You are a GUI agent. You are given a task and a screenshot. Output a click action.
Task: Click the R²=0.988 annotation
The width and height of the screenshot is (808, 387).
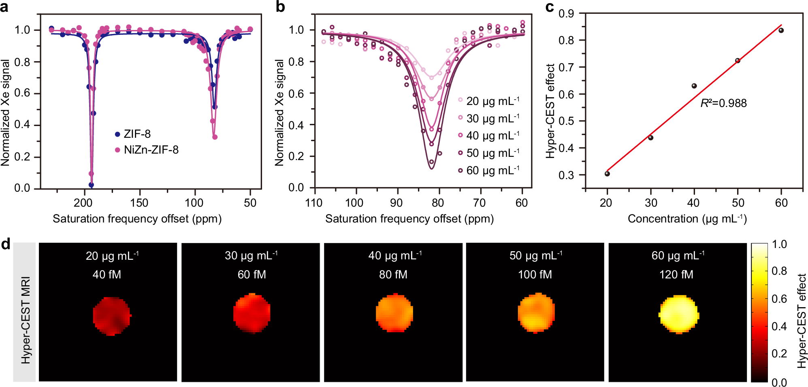(723, 103)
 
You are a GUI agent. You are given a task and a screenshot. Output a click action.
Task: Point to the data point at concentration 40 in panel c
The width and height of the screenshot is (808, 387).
(694, 86)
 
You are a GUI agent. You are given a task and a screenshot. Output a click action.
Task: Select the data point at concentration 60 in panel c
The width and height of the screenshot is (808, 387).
(781, 30)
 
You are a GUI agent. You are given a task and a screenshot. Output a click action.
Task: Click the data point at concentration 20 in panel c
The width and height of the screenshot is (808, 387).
(607, 174)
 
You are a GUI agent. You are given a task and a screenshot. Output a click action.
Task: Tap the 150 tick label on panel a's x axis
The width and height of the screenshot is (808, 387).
(139, 203)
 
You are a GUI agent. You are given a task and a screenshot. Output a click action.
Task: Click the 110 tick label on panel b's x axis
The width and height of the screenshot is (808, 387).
(314, 203)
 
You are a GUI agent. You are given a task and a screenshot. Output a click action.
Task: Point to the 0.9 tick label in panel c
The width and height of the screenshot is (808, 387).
(566, 14)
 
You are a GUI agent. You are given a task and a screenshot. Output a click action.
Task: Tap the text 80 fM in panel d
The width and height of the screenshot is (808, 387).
(393, 275)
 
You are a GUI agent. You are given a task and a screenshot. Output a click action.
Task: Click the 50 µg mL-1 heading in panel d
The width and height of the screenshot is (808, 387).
(535, 256)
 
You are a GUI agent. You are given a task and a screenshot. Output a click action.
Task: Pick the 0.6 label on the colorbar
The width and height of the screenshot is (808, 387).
(779, 299)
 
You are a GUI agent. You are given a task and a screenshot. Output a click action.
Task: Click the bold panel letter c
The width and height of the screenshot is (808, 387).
(550, 7)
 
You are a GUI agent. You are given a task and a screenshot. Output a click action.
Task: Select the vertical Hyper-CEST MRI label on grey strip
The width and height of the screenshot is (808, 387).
(25, 321)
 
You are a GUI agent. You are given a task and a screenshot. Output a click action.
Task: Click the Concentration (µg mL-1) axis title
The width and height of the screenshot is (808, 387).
(687, 219)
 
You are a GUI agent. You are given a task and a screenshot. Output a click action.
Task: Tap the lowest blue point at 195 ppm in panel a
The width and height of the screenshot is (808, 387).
(91, 185)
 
